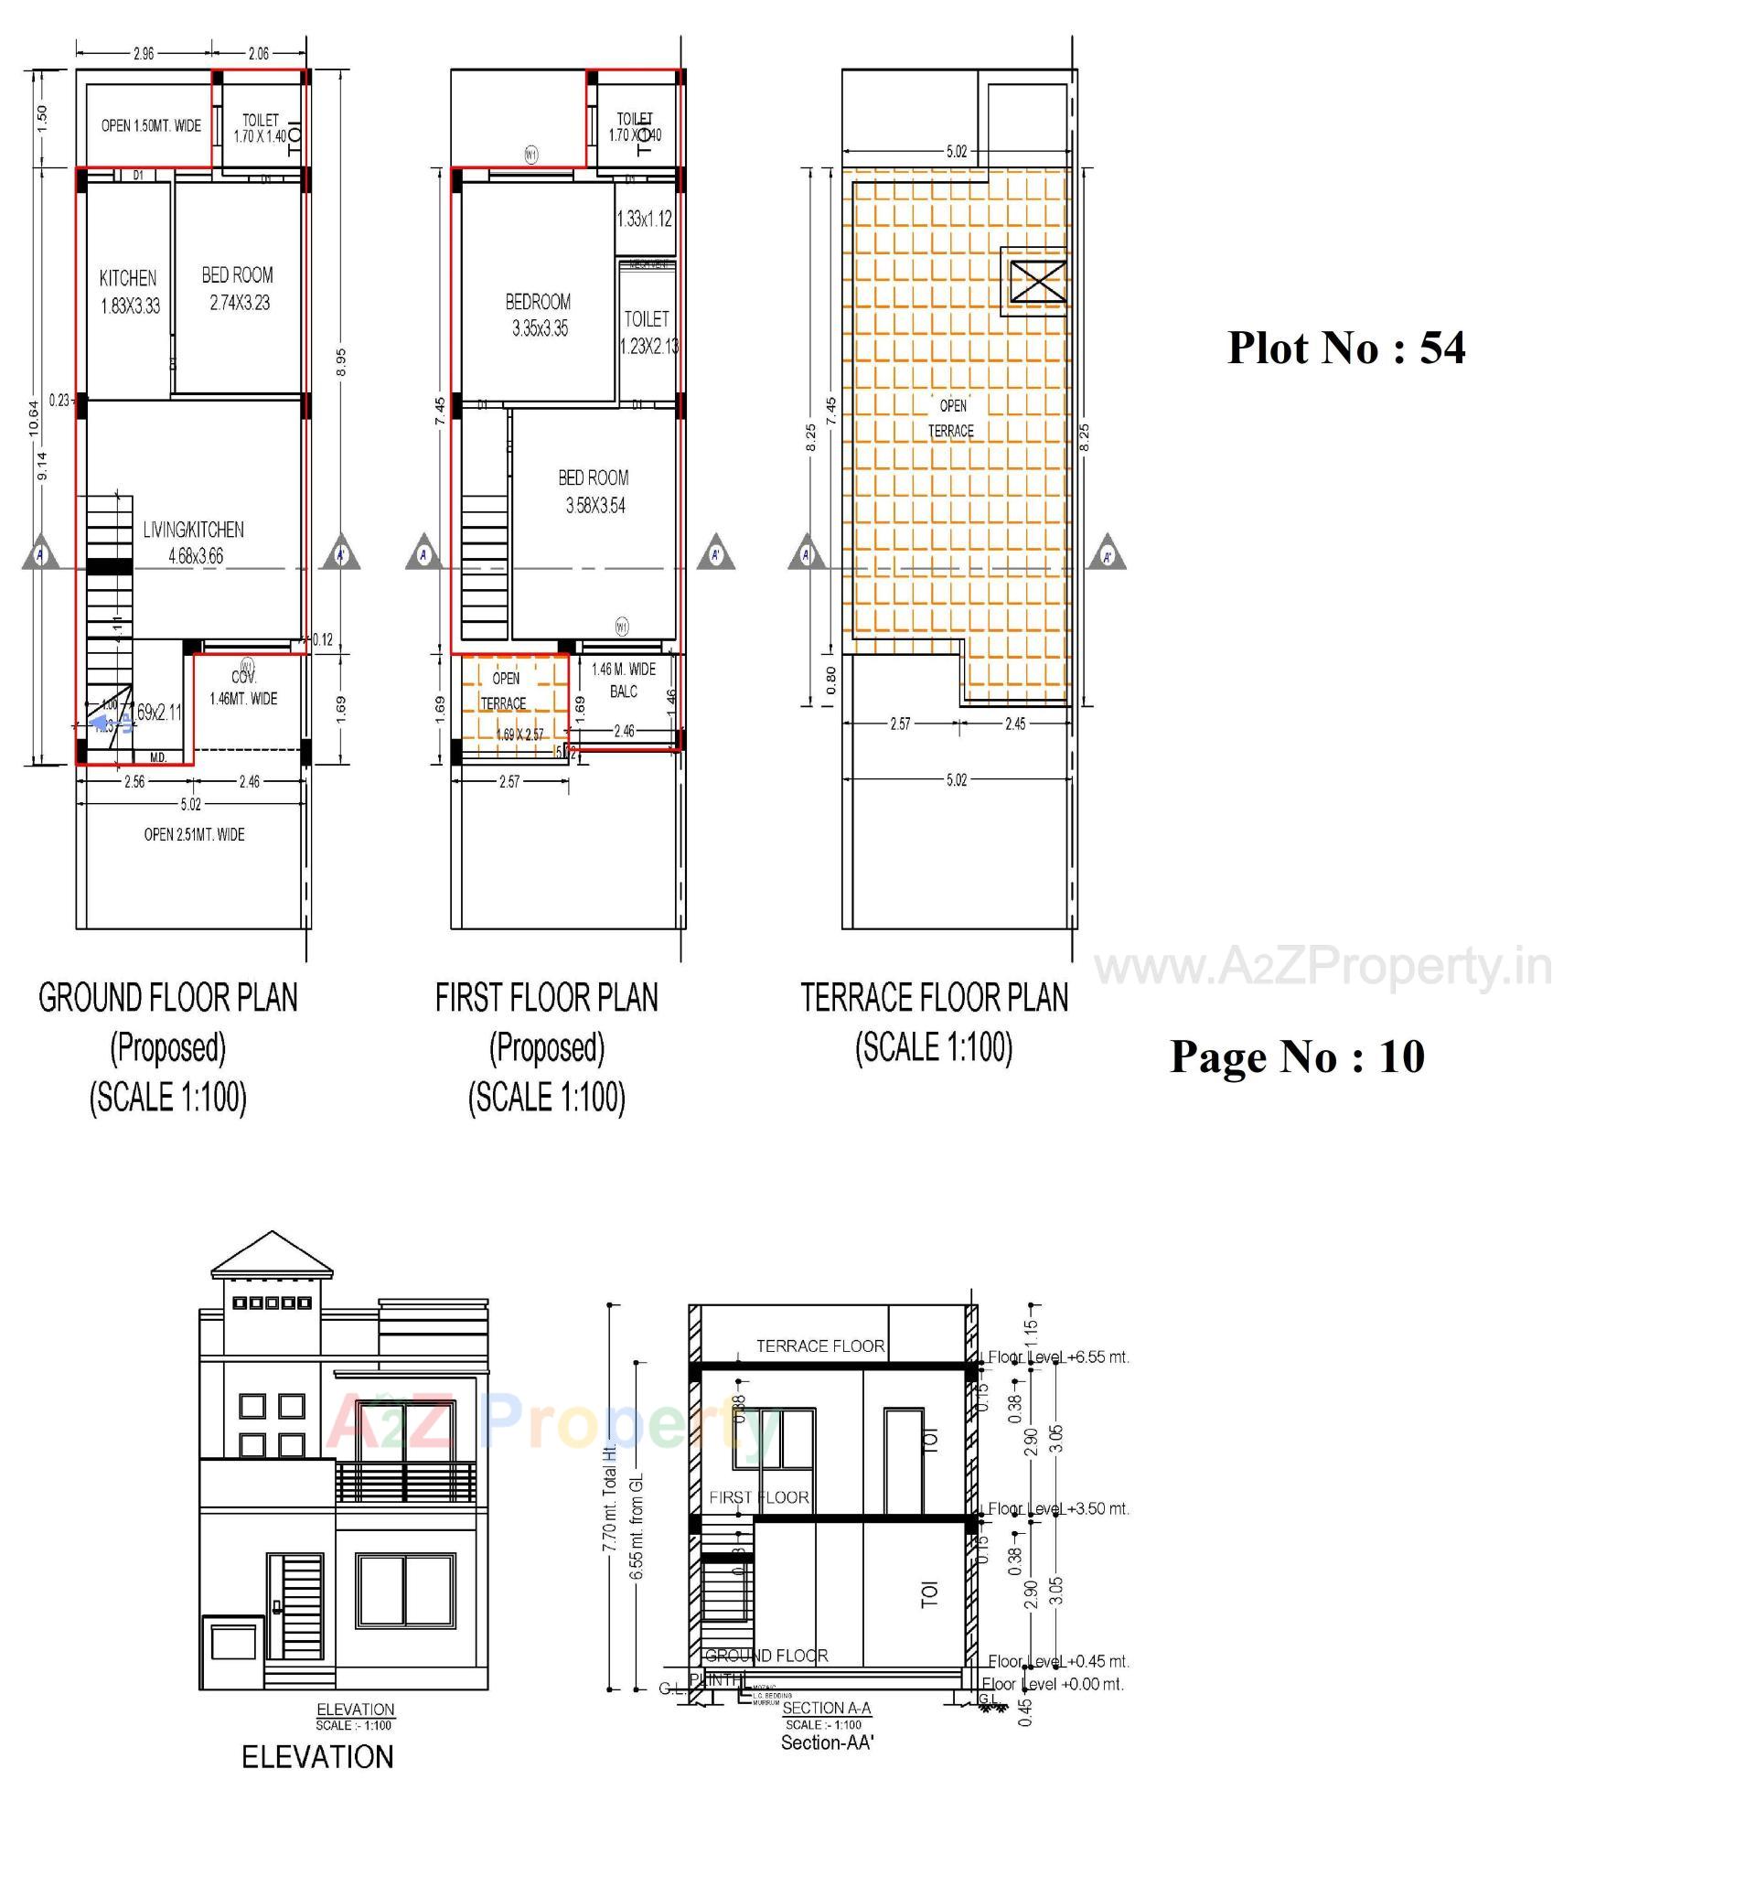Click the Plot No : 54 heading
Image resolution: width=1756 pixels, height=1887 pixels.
click(1345, 348)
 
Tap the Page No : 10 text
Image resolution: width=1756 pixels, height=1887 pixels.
click(1297, 1056)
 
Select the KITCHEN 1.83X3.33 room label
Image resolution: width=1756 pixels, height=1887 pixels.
click(129, 292)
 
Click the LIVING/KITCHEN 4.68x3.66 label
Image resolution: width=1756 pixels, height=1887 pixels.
click(194, 542)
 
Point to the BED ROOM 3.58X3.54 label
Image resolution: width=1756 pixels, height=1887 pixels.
click(594, 491)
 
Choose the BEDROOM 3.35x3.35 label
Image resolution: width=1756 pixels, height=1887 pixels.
click(538, 314)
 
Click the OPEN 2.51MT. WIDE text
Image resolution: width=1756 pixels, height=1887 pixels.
click(194, 834)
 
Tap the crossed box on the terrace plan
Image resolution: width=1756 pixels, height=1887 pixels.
click(1037, 281)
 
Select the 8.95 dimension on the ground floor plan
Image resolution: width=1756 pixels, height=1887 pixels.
click(341, 361)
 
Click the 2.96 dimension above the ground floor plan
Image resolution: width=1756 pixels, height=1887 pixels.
click(144, 54)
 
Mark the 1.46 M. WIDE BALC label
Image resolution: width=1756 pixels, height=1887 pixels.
click(624, 680)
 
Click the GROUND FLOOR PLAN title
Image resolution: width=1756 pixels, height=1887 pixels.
click(168, 998)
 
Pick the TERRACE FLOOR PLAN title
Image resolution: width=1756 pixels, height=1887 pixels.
click(934, 998)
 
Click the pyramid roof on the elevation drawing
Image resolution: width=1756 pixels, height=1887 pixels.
click(273, 1255)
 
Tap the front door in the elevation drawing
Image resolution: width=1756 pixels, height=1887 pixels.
click(294, 1606)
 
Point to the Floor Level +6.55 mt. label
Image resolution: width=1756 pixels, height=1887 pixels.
click(1058, 1357)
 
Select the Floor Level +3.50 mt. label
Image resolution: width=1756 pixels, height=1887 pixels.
click(1058, 1508)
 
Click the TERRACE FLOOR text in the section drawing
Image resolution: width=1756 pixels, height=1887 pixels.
click(819, 1346)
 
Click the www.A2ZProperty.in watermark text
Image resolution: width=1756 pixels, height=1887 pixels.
click(1323, 967)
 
